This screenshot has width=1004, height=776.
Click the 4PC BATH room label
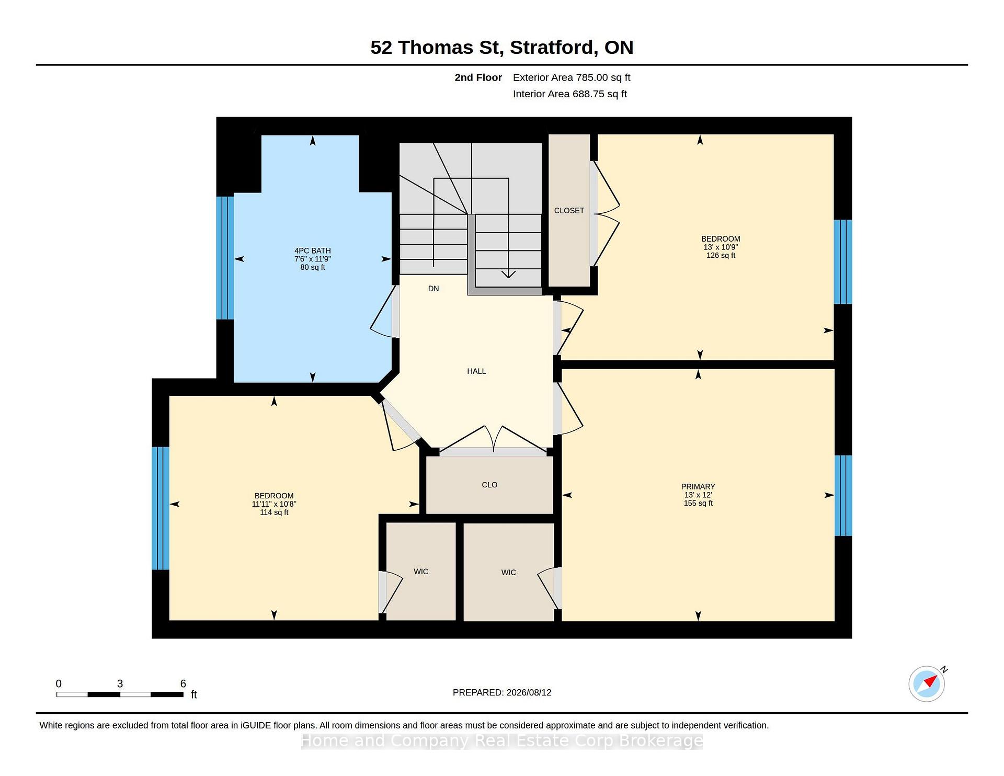click(313, 250)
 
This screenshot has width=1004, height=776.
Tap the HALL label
click(476, 371)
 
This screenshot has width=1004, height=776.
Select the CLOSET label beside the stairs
click(569, 211)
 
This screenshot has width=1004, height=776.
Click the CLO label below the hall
click(489, 485)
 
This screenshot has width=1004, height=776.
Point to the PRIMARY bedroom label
click(698, 486)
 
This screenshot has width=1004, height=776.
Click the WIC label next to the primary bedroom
click(508, 573)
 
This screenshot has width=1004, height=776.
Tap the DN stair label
click(433, 289)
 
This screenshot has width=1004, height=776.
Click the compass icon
click(927, 683)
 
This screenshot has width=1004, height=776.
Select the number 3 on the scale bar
click(120, 683)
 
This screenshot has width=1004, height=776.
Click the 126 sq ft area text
click(721, 256)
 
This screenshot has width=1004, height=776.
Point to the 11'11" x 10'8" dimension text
click(274, 504)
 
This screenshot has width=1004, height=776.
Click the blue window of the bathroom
click(225, 258)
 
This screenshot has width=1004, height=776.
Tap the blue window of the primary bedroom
click(843, 496)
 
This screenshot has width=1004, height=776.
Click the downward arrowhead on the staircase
click(508, 275)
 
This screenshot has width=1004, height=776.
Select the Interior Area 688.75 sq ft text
click(569, 94)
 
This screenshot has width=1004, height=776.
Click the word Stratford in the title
click(554, 48)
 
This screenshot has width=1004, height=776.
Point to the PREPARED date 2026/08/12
click(529, 692)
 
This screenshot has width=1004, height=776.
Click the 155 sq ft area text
click(698, 504)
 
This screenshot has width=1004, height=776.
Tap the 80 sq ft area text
click(313, 268)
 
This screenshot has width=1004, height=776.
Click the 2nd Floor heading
click(478, 78)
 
